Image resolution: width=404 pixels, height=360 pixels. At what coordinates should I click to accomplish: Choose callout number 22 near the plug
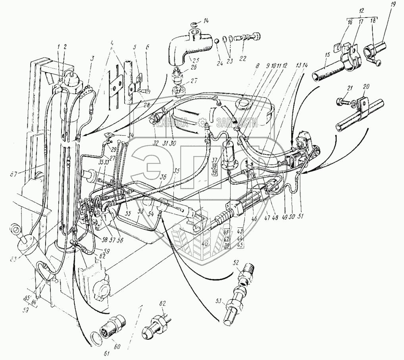pyautogui.click(x=243, y=58)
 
